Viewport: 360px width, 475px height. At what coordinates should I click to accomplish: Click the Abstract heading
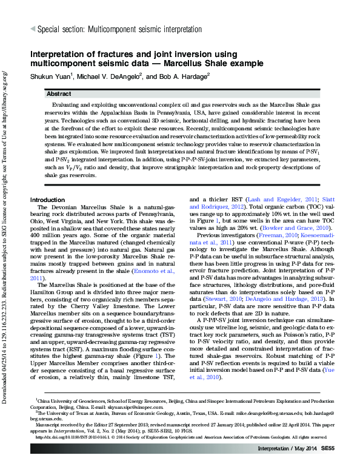[59, 94]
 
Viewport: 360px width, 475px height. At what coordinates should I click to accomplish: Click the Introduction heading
[47, 200]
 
